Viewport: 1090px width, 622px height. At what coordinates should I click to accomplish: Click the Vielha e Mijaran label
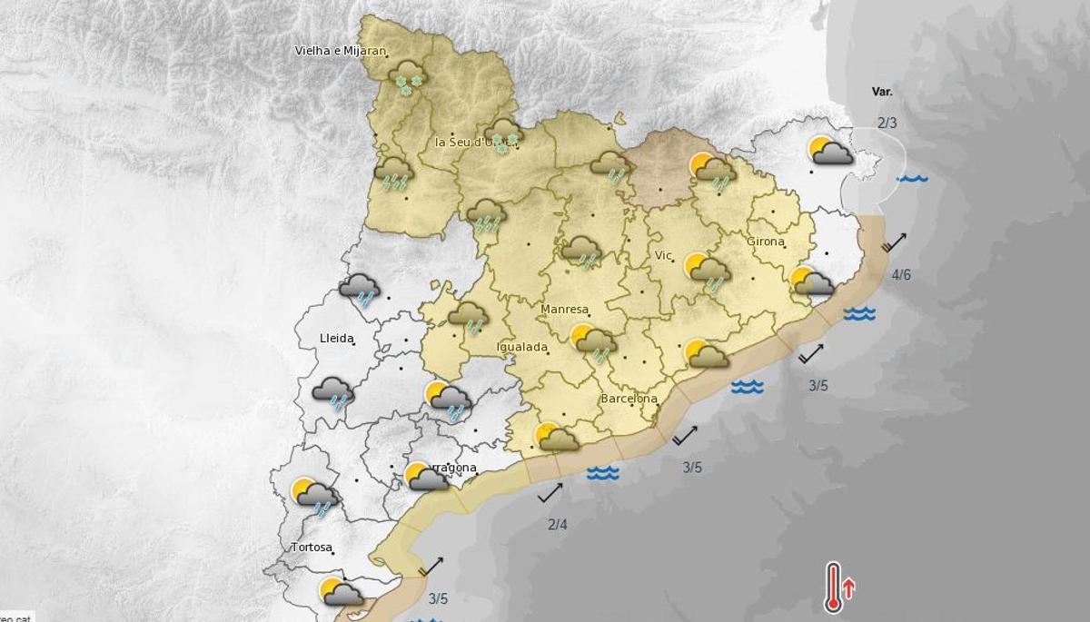pyautogui.click(x=341, y=51)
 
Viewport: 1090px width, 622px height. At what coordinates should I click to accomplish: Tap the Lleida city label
pyautogui.click(x=336, y=338)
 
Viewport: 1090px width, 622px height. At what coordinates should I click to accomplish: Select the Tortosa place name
pyautogui.click(x=312, y=548)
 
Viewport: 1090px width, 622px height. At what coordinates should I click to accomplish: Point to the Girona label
pyautogui.click(x=765, y=242)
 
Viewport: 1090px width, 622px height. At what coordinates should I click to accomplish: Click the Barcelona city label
pyautogui.click(x=629, y=399)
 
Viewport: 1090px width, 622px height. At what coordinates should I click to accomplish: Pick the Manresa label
pyautogui.click(x=564, y=310)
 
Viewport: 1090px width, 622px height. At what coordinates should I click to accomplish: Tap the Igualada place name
pyautogui.click(x=522, y=347)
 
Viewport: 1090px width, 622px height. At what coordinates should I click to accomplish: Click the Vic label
pyautogui.click(x=664, y=256)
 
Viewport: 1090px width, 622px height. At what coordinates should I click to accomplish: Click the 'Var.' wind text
pyautogui.click(x=882, y=92)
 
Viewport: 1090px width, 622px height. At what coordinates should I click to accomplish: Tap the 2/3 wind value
pyautogui.click(x=887, y=123)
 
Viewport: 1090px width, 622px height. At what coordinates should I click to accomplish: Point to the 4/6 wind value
pyautogui.click(x=901, y=275)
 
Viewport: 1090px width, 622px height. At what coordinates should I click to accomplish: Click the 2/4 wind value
pyautogui.click(x=558, y=524)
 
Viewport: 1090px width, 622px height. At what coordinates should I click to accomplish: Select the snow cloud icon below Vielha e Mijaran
pyautogui.click(x=407, y=78)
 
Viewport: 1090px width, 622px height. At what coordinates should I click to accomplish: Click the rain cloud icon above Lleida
pyautogui.click(x=360, y=290)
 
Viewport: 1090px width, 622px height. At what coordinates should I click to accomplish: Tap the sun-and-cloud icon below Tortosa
pyautogui.click(x=342, y=592)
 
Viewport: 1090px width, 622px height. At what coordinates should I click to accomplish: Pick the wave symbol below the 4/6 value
pyautogui.click(x=858, y=314)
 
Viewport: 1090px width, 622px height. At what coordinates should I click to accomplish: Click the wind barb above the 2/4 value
pyautogui.click(x=550, y=493)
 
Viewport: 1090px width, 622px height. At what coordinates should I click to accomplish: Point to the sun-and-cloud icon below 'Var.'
pyautogui.click(x=830, y=151)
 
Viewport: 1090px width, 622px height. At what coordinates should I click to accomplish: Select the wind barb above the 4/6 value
pyautogui.click(x=894, y=242)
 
